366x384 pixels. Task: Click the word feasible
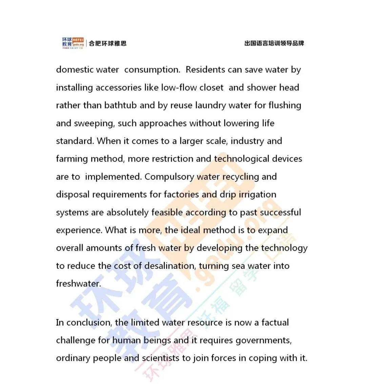click(x=167, y=213)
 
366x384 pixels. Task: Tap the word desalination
click(x=170, y=266)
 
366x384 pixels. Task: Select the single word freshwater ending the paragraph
click(x=78, y=284)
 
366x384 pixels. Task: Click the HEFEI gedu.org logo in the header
click(x=73, y=43)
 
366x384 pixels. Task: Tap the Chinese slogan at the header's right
click(x=274, y=43)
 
